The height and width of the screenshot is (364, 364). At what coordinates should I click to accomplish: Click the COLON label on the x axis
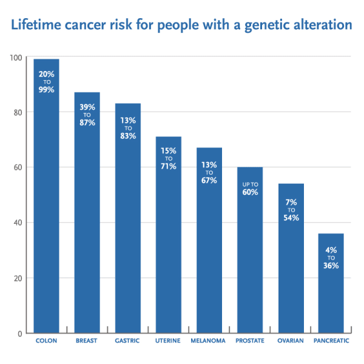click(46, 341)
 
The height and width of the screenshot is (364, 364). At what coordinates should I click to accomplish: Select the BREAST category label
click(87, 341)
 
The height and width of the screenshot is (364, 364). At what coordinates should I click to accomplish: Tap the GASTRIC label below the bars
click(127, 341)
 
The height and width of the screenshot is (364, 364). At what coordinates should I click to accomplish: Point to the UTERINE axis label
click(168, 341)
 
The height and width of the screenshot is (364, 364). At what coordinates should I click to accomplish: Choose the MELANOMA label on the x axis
click(209, 341)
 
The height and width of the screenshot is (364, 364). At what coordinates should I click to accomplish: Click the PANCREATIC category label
click(331, 341)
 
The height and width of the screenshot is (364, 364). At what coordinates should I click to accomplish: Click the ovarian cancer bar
click(290, 273)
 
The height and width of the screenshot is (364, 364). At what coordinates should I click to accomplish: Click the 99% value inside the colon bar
click(46, 90)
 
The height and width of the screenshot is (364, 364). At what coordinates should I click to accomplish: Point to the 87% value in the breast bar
click(87, 123)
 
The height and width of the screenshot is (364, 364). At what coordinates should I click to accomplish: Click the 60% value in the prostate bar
click(249, 192)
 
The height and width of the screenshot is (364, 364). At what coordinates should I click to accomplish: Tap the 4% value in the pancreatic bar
click(331, 249)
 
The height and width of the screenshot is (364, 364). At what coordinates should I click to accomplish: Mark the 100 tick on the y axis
click(16, 58)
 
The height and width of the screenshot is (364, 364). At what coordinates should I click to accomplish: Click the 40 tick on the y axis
click(18, 223)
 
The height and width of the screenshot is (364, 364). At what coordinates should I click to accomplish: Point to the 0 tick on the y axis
click(20, 333)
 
